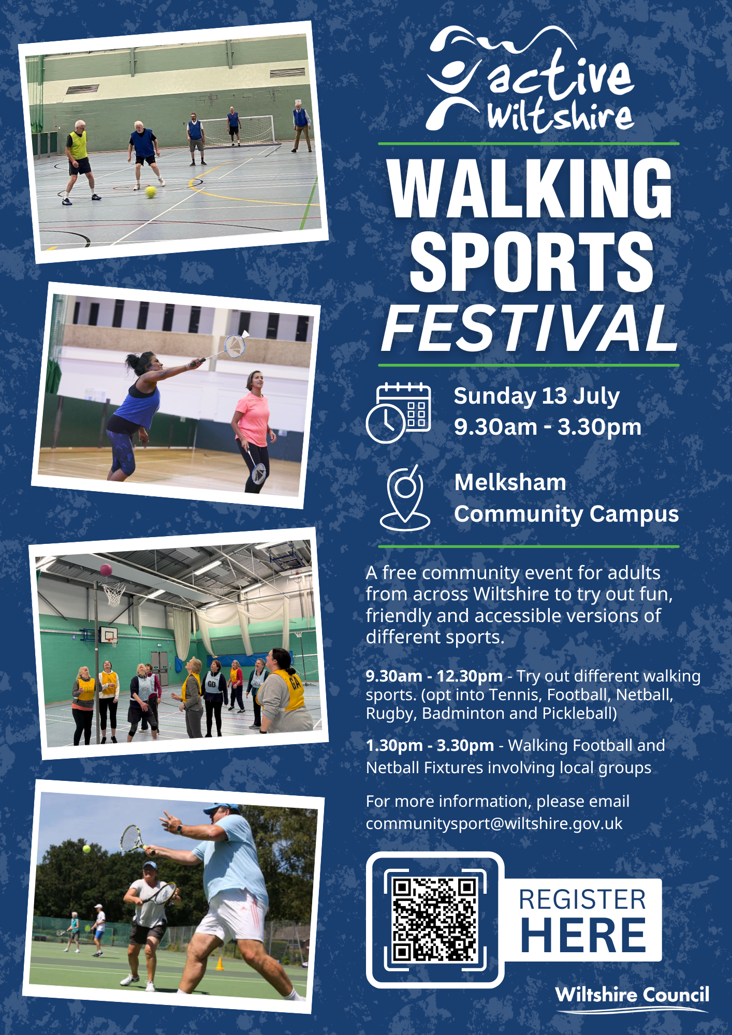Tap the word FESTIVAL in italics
coord(529,328)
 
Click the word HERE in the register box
coord(583,936)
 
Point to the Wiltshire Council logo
coord(632,998)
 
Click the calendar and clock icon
coord(398,412)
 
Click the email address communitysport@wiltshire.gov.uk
coord(494,823)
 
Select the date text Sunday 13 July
coord(536,396)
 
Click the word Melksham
coord(510,482)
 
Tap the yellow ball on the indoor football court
coord(151,192)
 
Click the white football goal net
coord(238,130)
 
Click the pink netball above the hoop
coord(106,570)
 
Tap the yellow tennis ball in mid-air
coord(86,849)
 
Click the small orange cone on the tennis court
coord(219,964)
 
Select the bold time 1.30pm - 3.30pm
coord(430,745)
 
